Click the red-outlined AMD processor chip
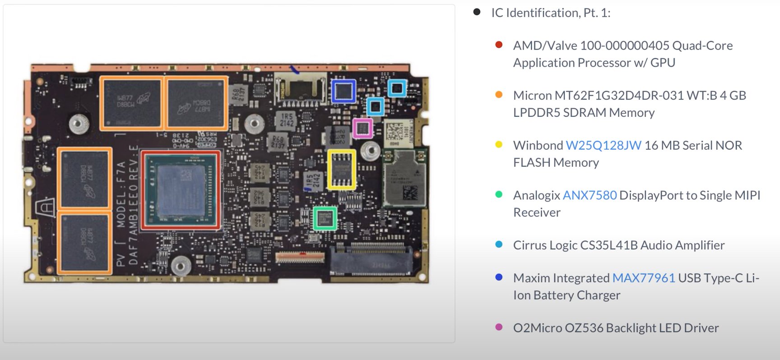[181, 190]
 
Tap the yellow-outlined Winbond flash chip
[341, 169]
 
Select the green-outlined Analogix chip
[325, 218]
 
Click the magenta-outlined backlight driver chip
[363, 129]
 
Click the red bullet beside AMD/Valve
[499, 45]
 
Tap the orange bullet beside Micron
[499, 95]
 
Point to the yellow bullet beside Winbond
[499, 145]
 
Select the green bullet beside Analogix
[499, 195]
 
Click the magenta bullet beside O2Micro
[499, 327]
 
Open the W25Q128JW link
[603, 145]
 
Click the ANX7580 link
[590, 195]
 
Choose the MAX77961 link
[643, 278]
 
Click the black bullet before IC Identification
[477, 12]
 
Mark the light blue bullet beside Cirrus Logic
[499, 245]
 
